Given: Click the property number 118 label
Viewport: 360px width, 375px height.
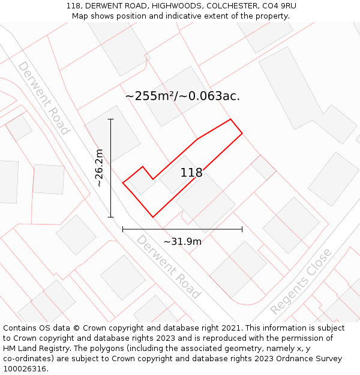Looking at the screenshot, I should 191,173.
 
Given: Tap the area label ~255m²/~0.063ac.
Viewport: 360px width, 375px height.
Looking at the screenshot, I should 182,96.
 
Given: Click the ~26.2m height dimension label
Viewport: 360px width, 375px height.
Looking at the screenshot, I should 100,168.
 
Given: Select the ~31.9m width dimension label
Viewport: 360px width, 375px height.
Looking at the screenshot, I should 182,241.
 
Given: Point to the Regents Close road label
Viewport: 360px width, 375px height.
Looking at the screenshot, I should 301,281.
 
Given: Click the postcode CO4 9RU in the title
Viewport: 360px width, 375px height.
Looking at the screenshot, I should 278,6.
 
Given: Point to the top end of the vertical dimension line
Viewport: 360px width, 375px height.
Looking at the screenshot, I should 110,119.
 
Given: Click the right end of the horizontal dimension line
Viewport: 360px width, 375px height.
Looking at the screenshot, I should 242,229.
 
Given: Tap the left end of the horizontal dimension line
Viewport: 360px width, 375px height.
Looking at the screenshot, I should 122,229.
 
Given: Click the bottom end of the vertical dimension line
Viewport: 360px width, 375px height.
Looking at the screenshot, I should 110,217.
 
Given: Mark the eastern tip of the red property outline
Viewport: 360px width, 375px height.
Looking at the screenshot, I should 242,133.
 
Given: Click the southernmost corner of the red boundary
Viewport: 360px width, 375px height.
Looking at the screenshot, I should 153,217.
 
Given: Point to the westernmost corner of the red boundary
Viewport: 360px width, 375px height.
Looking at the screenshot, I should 123,182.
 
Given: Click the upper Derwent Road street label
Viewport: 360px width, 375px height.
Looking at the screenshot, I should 44,98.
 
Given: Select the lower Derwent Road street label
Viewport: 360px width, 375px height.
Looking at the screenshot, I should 169,266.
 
